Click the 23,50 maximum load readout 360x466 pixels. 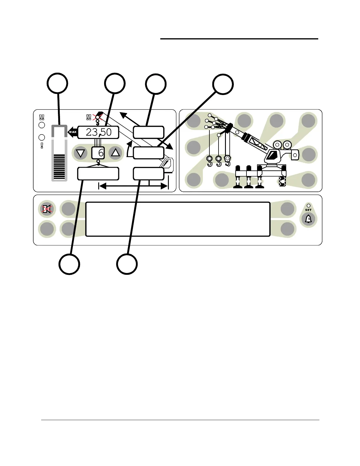tap(98, 132)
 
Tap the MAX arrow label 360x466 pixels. tap(73, 132)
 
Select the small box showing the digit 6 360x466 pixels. tap(98, 153)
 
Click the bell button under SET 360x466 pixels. tap(308, 219)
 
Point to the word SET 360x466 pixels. tap(308, 210)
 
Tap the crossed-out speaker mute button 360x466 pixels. tap(47, 209)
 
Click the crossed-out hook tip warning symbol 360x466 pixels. tap(98, 117)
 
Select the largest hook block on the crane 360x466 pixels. tap(228, 160)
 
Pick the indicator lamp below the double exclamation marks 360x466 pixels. tap(42, 125)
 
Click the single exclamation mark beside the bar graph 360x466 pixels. tap(42, 145)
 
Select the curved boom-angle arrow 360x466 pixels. tap(129, 149)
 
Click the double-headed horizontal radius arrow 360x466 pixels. tap(133, 186)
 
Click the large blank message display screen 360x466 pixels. tap(178, 219)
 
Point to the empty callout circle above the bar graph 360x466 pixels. tap(58, 83)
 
